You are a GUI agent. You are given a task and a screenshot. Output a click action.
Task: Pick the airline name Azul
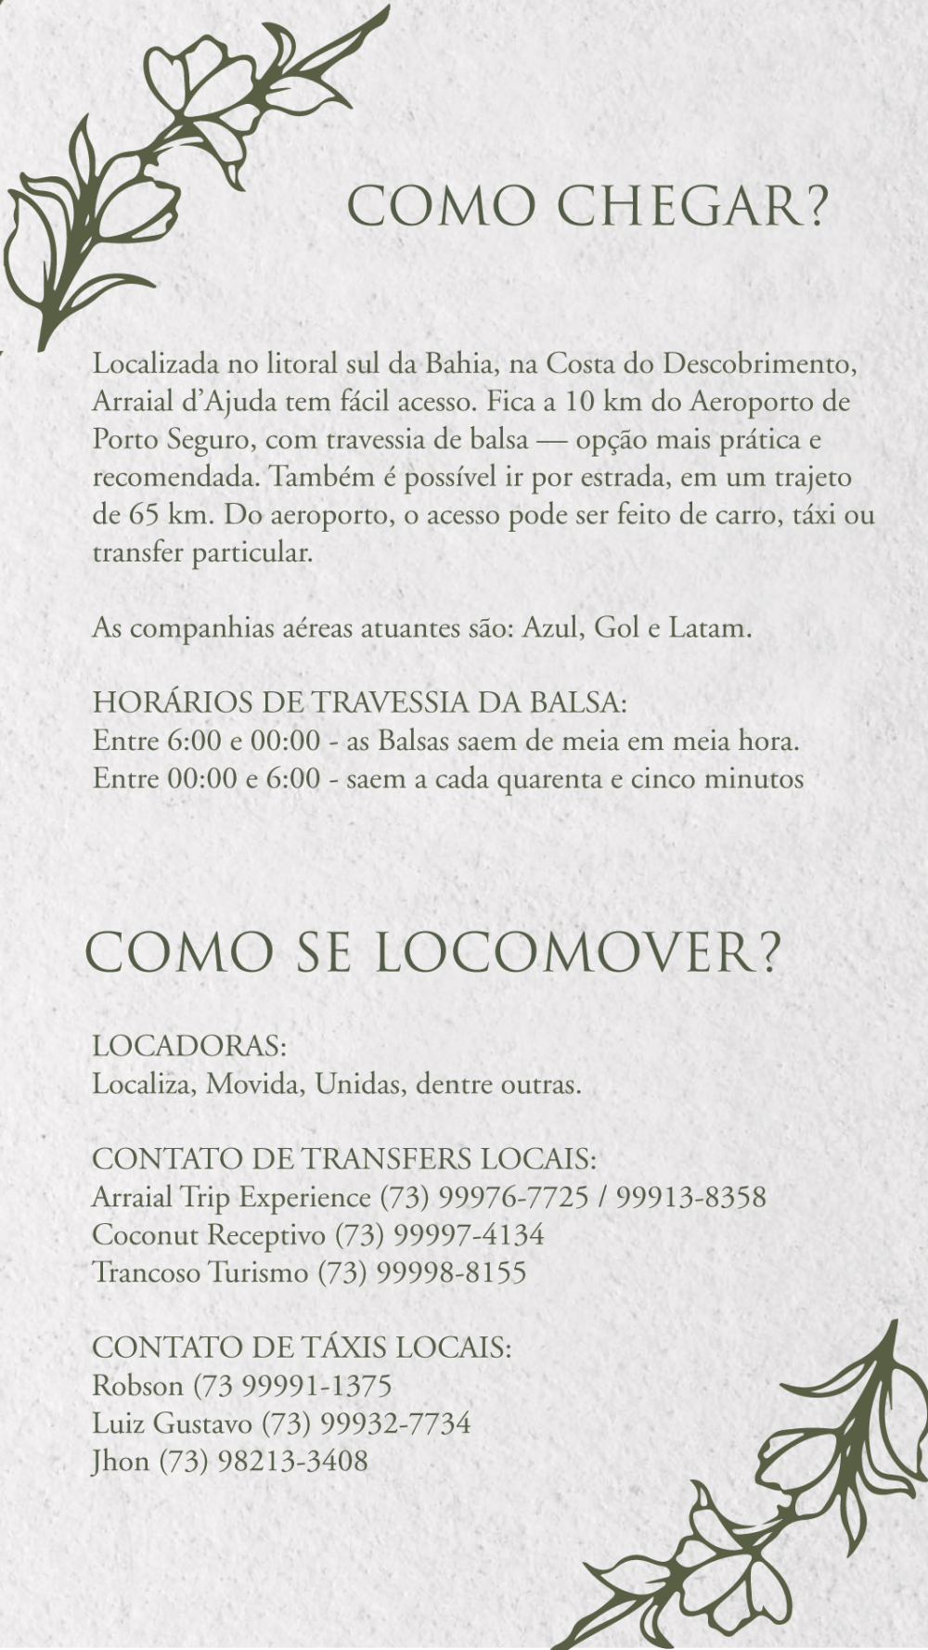(x=552, y=628)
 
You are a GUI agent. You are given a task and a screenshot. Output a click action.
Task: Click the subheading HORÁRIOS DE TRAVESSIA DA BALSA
(x=359, y=703)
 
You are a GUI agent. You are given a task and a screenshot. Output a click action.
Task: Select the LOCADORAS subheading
(x=189, y=1046)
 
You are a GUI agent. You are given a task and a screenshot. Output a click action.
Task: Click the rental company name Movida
(x=255, y=1084)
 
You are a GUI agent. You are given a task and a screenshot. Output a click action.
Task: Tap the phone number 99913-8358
(x=690, y=1197)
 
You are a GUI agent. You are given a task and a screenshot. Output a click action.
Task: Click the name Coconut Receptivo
(x=208, y=1235)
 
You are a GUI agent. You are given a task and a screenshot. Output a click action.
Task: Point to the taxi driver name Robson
(x=137, y=1386)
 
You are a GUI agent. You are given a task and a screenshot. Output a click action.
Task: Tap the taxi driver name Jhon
(x=121, y=1462)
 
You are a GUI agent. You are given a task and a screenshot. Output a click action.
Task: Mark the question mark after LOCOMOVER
(x=769, y=953)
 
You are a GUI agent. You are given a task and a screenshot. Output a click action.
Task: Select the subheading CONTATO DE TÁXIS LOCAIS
(x=302, y=1347)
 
